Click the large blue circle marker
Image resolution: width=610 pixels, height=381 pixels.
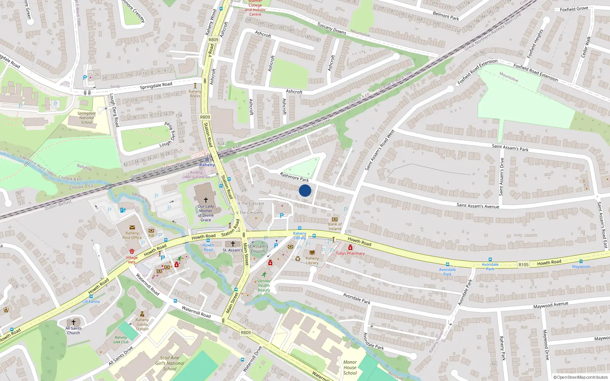pyautogui.click(x=305, y=190)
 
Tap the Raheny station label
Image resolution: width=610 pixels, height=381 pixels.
pyautogui.click(x=207, y=165)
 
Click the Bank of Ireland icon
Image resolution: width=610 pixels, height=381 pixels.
pyautogui.click(x=335, y=219)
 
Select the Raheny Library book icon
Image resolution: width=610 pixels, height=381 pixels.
pyautogui.click(x=312, y=253)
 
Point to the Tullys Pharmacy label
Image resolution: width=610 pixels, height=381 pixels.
pyautogui.click(x=350, y=253)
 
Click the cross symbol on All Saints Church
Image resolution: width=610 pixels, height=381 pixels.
pyautogui.click(x=74, y=322)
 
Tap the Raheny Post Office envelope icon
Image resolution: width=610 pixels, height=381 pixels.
pyautogui.click(x=132, y=227)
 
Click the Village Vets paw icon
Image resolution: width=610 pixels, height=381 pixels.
pyautogui.click(x=132, y=251)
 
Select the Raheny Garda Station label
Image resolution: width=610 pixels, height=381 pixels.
pyautogui.click(x=142, y=325)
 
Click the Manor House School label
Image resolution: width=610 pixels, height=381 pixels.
pyautogui.click(x=350, y=368)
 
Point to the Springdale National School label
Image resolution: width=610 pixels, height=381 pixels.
pyautogui.click(x=87, y=118)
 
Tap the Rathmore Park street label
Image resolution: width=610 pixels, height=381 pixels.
pyautogui.click(x=294, y=177)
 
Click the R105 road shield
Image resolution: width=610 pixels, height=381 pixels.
pyautogui.click(x=523, y=264)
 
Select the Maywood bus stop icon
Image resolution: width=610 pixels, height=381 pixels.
pyautogui.click(x=581, y=261)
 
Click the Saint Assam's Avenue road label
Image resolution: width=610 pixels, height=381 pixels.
pyautogui.click(x=478, y=206)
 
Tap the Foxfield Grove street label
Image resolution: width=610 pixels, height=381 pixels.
pyautogui.click(x=574, y=9)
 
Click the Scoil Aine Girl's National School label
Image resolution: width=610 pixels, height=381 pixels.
pyautogui.click(x=170, y=363)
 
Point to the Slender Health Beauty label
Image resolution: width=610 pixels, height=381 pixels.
pyautogui.click(x=264, y=285)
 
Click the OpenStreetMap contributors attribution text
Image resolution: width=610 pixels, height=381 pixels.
pyautogui.click(x=581, y=378)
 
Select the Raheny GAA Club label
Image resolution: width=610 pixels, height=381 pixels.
pyautogui.click(x=121, y=339)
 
